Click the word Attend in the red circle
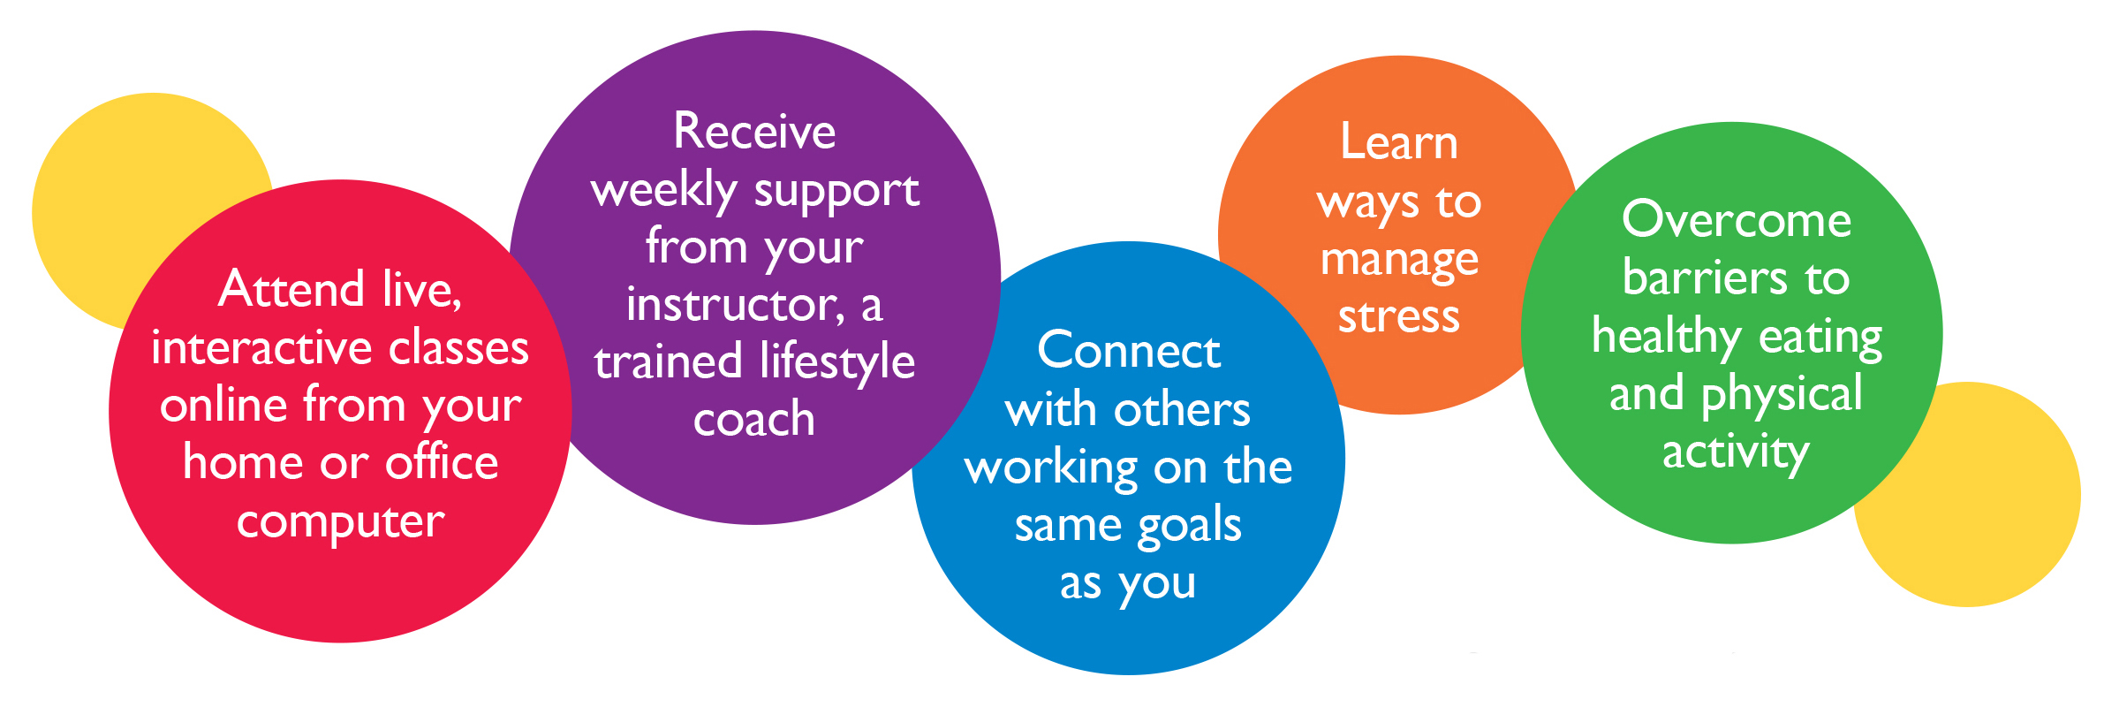tap(291, 289)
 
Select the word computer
tap(340, 522)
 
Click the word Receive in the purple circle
tap(754, 132)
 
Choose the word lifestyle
tap(837, 362)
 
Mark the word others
tap(1183, 409)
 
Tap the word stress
tap(1399, 316)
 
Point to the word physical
tap(1782, 395)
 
